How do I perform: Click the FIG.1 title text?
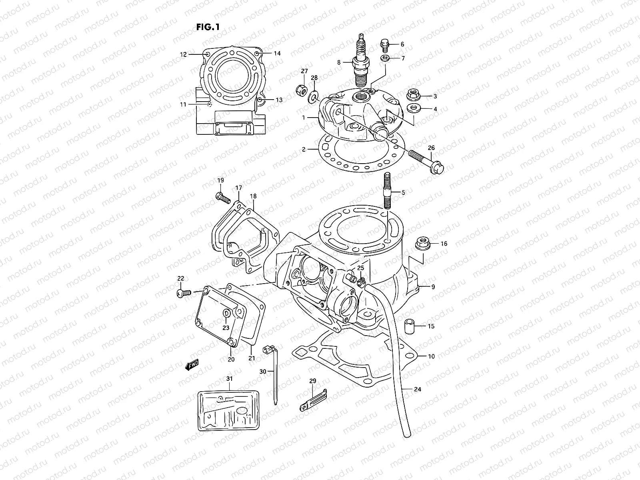(208, 27)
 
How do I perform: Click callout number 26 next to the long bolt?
(431, 148)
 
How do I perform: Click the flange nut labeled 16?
(422, 243)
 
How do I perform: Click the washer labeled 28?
(314, 96)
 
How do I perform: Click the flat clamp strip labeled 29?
(313, 401)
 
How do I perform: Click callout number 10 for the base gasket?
(431, 356)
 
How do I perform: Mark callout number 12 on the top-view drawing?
(183, 54)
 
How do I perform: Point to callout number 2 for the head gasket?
(304, 150)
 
